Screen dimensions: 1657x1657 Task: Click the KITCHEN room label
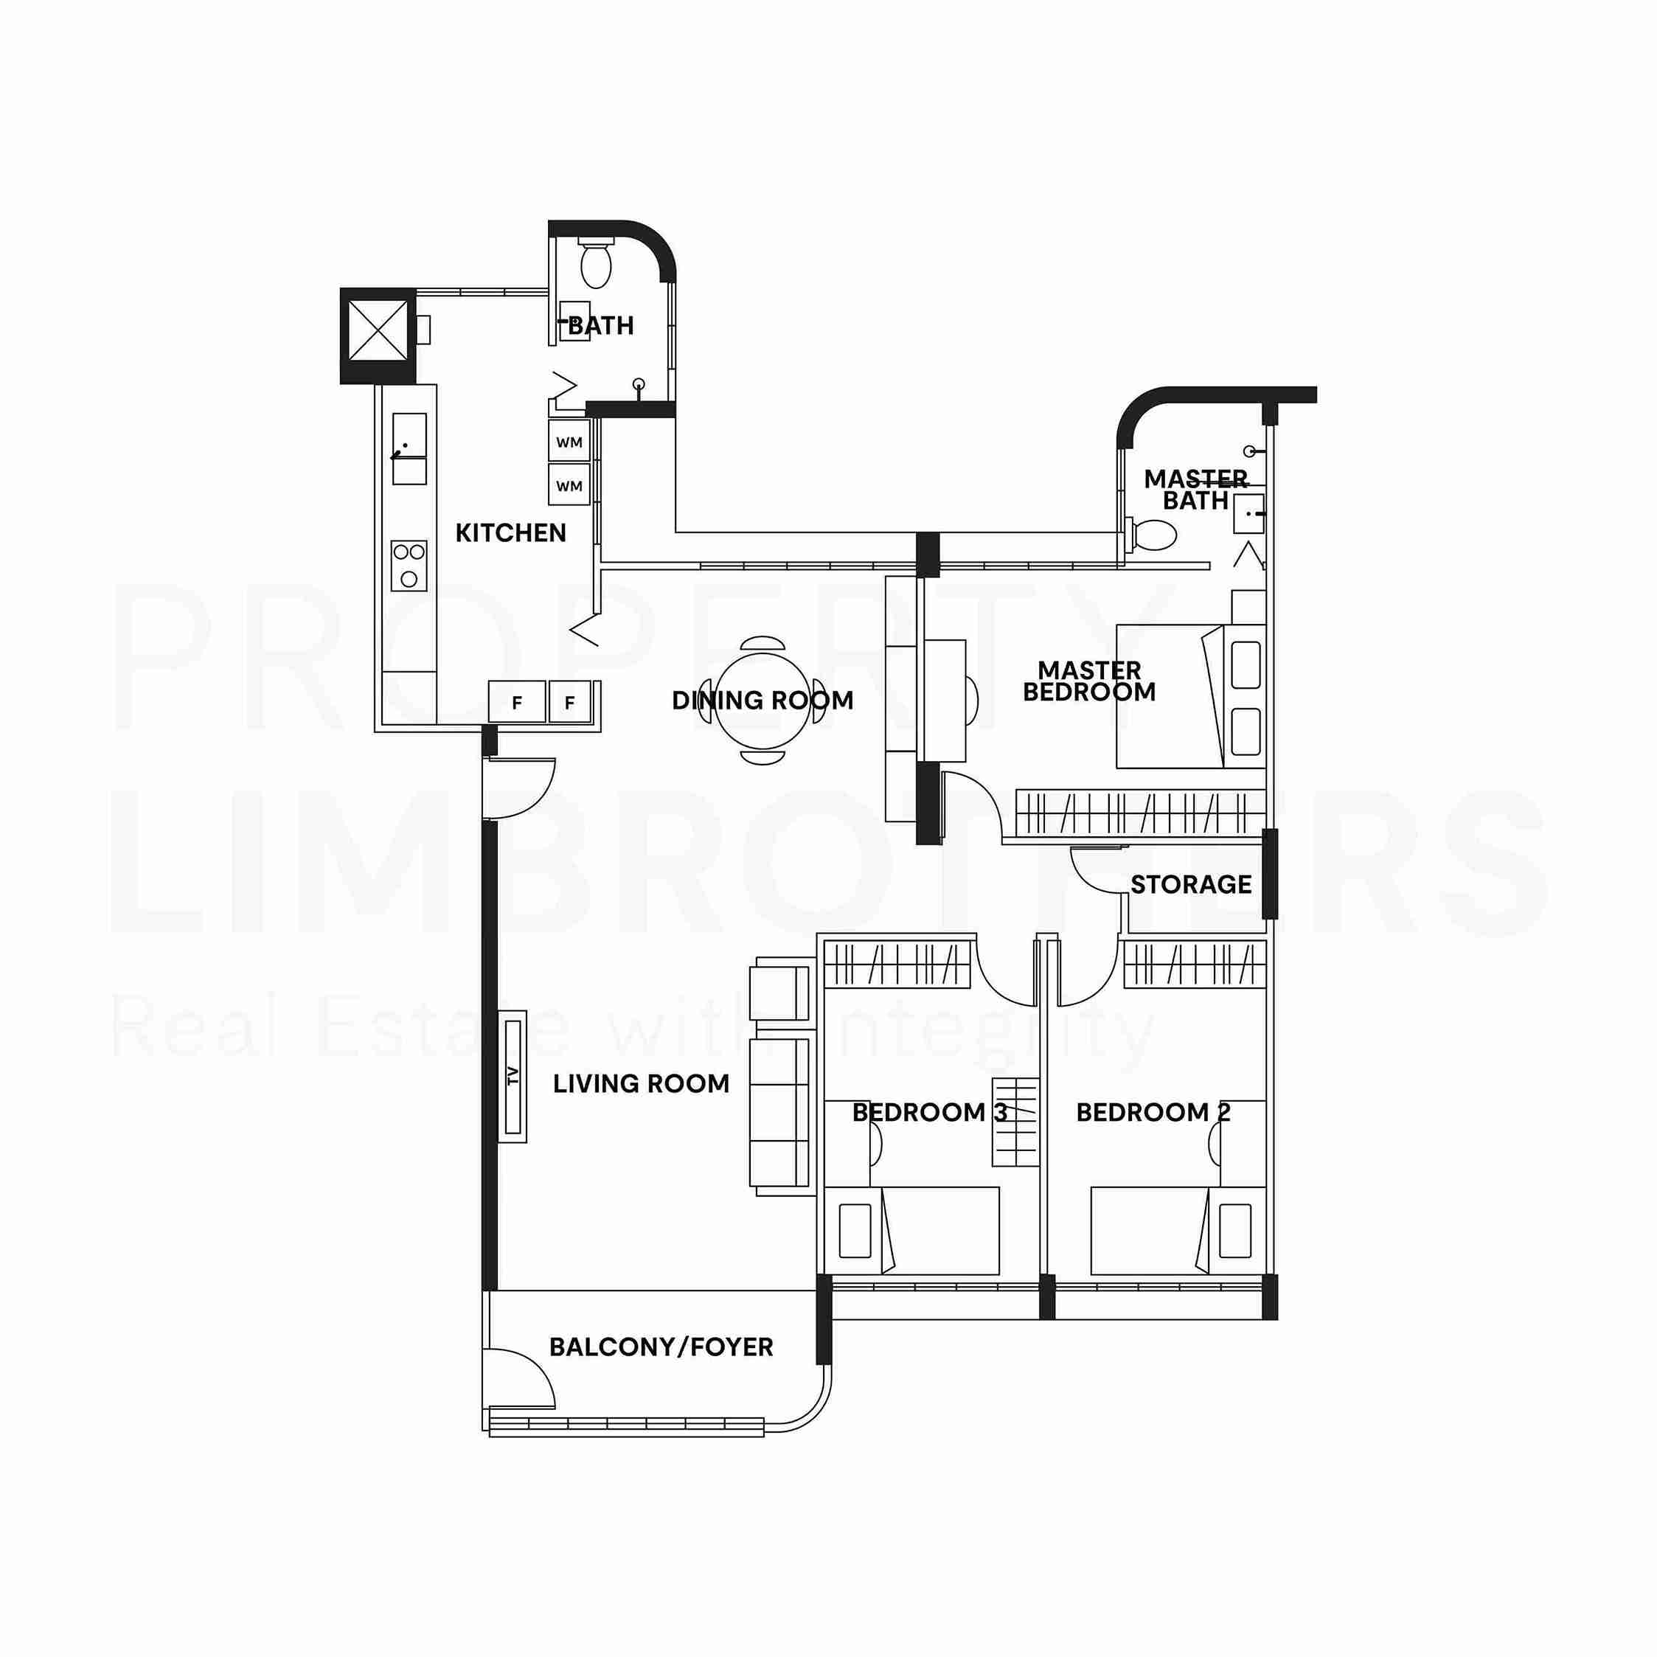510,532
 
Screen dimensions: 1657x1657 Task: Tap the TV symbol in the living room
513,1077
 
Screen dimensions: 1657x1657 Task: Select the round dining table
763,700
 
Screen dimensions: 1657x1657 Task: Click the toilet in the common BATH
596,263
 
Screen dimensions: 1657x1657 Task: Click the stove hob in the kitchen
409,565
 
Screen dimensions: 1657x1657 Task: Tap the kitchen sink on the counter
409,448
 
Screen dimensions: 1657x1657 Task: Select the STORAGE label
1190,884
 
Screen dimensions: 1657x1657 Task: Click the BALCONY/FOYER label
661,1347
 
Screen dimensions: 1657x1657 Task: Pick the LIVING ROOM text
642,1083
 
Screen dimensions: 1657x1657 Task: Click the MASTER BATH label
1195,490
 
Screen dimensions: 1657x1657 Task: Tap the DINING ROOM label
763,700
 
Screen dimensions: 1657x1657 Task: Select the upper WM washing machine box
569,442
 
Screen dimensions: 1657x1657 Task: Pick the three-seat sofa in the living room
780,1114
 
